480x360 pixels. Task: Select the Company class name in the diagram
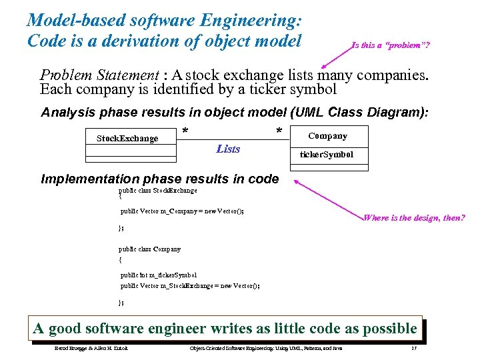[x=327, y=136]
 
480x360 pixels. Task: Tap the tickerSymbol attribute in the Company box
[x=327, y=155]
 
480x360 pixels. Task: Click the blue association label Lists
[x=228, y=149]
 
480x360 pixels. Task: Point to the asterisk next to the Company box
[x=279, y=131]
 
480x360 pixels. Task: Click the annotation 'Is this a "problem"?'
[x=390, y=46]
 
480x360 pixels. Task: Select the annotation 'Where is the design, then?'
[x=414, y=218]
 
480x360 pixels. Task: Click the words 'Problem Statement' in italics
[x=99, y=75]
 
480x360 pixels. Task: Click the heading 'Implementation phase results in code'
[x=160, y=179]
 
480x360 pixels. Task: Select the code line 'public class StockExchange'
[x=158, y=190]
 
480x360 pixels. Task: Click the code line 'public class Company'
[x=149, y=249]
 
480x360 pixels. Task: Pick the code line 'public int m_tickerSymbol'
[x=158, y=275]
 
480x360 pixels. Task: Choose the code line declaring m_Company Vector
[x=182, y=211]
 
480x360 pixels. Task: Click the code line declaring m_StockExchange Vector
[x=190, y=285]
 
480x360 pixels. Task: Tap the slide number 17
[x=414, y=349]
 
